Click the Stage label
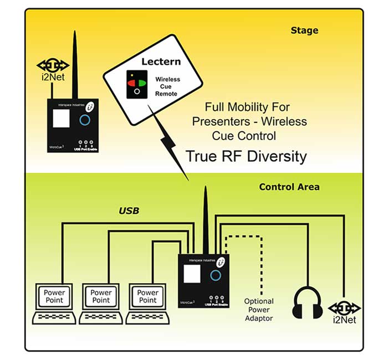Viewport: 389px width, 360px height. tap(304, 30)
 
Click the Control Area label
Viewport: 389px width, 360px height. tap(289, 187)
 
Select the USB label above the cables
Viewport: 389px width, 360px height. tap(129, 210)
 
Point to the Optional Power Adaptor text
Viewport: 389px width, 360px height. tap(259, 310)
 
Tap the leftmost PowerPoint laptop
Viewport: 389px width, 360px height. tap(54, 302)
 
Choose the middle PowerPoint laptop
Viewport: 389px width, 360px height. tap(101, 302)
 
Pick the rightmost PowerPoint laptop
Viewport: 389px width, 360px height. tap(147, 302)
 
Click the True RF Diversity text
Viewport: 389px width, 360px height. tap(246, 156)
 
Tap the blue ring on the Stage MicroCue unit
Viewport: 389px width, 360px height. tap(85, 120)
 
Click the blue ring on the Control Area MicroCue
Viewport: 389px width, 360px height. tap(217, 275)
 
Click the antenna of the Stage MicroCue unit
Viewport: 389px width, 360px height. tap(74, 61)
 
